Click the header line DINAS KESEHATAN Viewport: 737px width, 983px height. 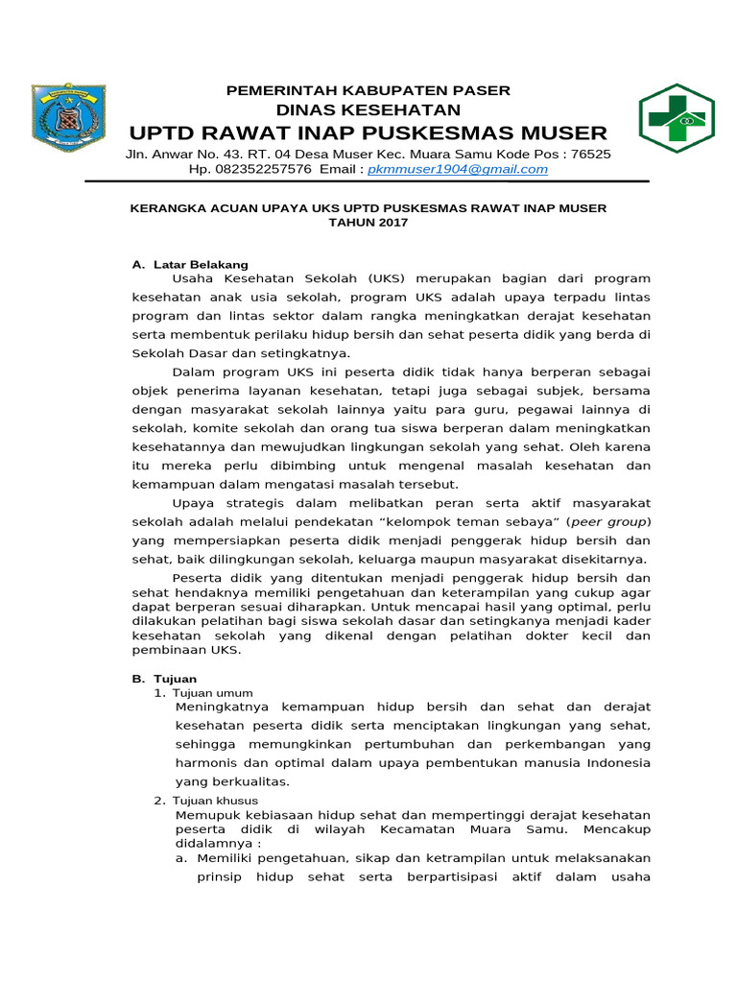[368, 109]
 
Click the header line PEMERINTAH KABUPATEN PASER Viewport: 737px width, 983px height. [368, 90]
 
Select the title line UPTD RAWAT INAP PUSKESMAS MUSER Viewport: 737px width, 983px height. [368, 132]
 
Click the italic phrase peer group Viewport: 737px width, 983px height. [608, 521]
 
